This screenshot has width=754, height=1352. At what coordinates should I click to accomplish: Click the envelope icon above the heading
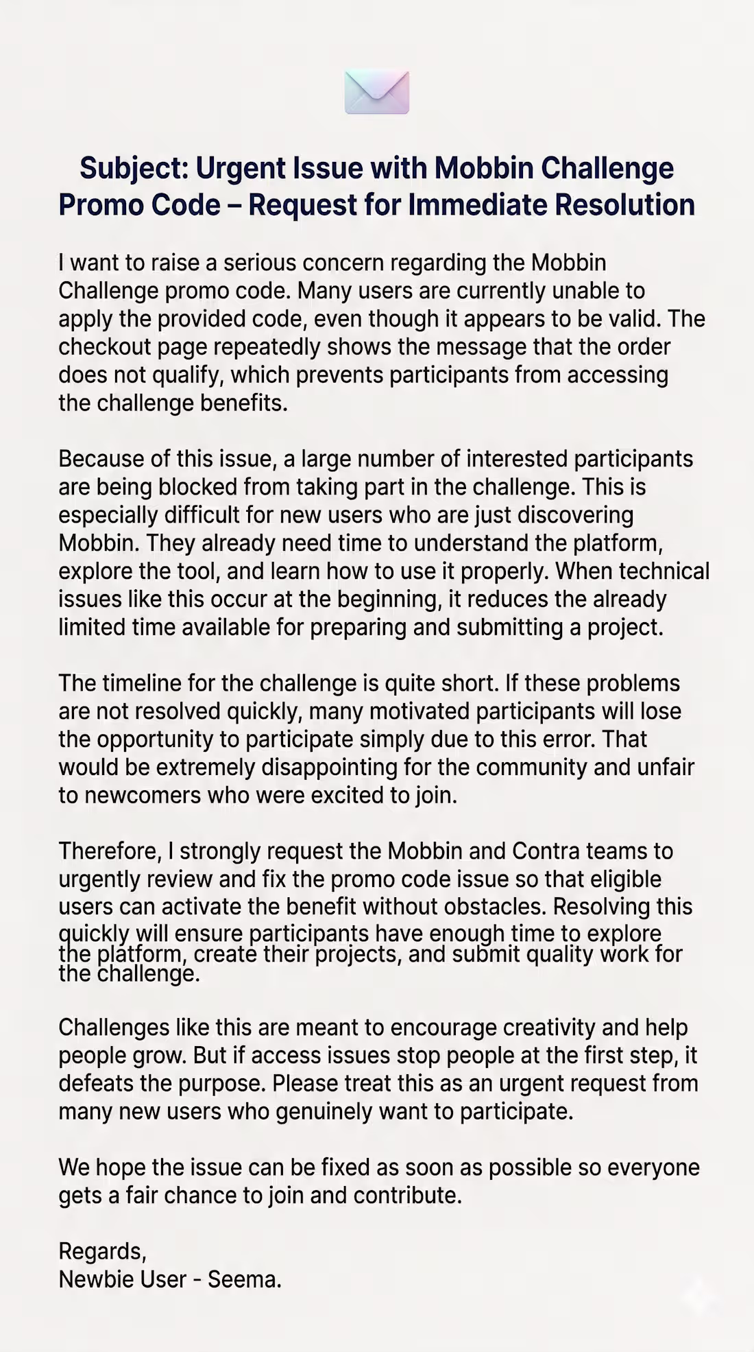pos(377,92)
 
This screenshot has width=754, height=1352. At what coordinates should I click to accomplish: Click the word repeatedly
pos(267,347)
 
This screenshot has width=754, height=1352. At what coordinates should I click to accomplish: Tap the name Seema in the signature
pos(243,1279)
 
